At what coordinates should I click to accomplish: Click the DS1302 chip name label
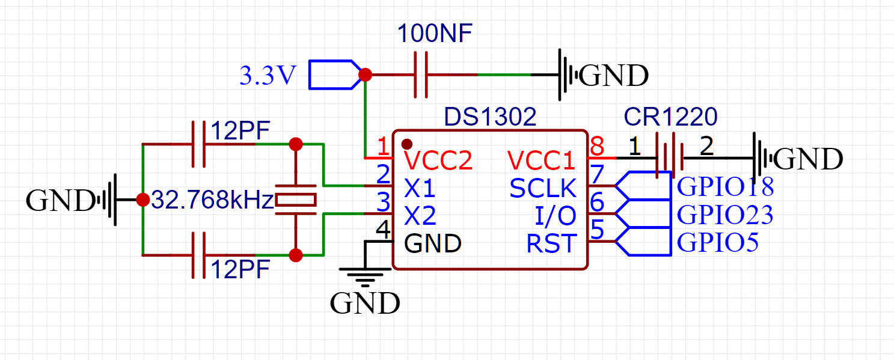[x=489, y=117]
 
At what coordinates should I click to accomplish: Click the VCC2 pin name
[x=438, y=160]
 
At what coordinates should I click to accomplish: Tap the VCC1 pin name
[x=542, y=160]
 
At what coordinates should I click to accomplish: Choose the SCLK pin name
[x=543, y=189]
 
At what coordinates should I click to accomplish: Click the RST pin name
[x=551, y=244]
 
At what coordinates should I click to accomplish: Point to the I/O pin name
[x=555, y=216]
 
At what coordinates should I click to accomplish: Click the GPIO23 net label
[x=725, y=215]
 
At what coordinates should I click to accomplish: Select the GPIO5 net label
[x=717, y=243]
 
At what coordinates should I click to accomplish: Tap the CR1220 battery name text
[x=670, y=117]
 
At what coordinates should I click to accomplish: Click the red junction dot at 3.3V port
[x=365, y=75]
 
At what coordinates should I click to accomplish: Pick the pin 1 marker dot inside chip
[x=407, y=144]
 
